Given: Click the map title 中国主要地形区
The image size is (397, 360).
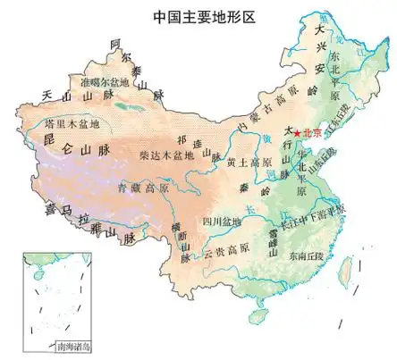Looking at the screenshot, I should (x=198, y=16).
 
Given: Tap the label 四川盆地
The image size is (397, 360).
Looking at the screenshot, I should (x=216, y=220).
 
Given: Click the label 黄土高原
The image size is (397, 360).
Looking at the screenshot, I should (x=247, y=163).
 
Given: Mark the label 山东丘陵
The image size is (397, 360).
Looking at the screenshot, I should (x=329, y=164).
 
